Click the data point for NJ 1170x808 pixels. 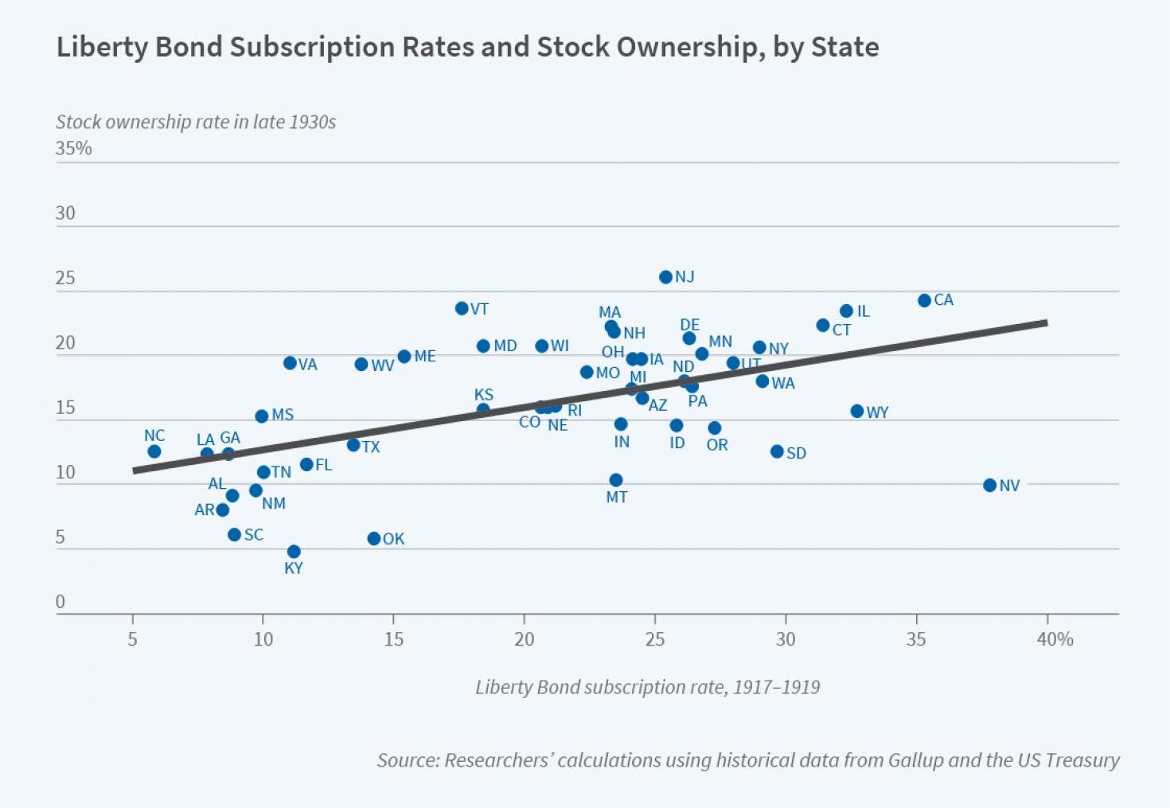tap(665, 277)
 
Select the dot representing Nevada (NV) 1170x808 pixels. tap(989, 486)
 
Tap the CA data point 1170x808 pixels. tap(924, 301)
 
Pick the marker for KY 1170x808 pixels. tap(294, 552)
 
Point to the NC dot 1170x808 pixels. tap(154, 451)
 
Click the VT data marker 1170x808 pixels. tap(462, 308)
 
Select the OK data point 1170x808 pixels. tap(374, 539)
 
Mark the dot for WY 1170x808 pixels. tap(857, 412)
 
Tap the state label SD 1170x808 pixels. tap(796, 453)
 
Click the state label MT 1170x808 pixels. tap(617, 498)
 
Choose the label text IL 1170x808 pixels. tap(864, 311)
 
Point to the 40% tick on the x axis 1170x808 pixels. tap(1055, 639)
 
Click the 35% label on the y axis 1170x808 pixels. tap(74, 149)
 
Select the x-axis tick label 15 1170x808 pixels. tap(394, 639)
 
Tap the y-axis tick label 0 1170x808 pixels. tap(60, 602)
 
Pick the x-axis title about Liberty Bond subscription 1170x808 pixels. tap(647, 687)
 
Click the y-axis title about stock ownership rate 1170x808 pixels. tap(196, 122)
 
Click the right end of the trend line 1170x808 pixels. tap(1046, 322)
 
